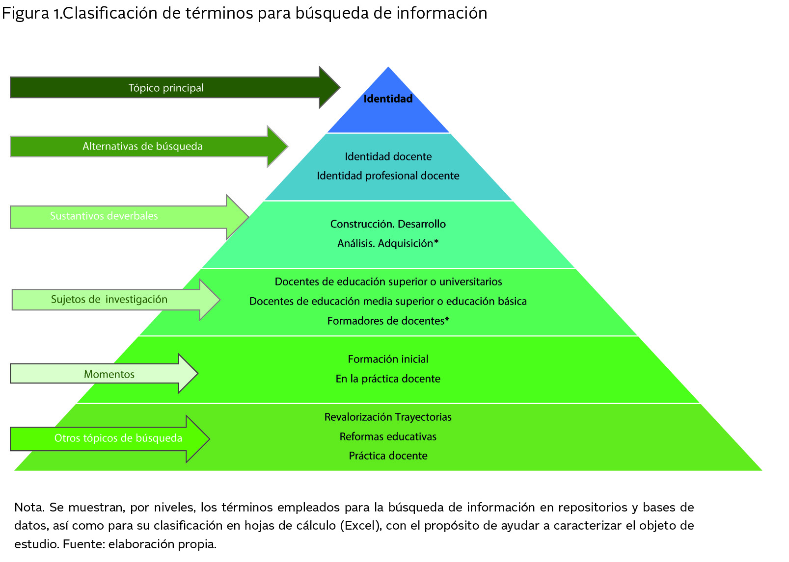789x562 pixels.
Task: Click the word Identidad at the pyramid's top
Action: click(388, 99)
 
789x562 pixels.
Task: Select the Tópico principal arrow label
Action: click(166, 88)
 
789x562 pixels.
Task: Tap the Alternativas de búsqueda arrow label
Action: click(142, 146)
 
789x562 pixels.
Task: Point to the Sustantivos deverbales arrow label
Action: click(104, 216)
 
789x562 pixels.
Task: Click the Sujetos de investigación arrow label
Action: click(109, 299)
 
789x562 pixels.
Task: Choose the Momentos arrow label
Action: click(109, 374)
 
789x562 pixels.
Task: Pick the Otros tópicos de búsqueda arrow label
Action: click(118, 438)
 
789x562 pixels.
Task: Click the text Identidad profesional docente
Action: click(388, 176)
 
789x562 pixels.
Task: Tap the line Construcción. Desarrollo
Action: click(388, 224)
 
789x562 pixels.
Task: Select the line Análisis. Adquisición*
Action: click(388, 243)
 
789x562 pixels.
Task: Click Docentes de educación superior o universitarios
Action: click(388, 281)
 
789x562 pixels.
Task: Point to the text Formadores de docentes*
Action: click(388, 321)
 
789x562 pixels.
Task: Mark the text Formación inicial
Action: click(388, 359)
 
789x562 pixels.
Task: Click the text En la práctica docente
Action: click(388, 379)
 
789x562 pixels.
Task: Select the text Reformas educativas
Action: click(388, 436)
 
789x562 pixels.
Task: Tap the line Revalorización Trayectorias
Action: click(388, 417)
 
